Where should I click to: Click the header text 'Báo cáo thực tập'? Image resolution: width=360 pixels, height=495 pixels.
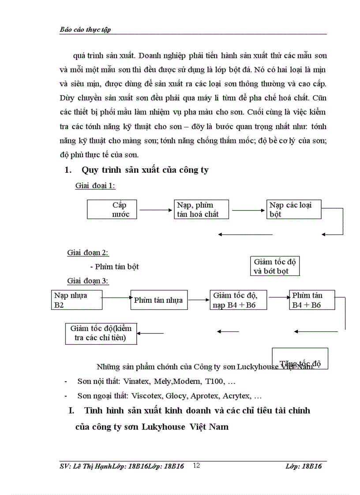pyautogui.click(x=85, y=30)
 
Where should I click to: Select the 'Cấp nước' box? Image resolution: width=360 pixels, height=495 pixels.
pyautogui.click(x=112, y=209)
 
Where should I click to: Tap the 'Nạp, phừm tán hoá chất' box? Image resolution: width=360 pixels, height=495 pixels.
pyautogui.click(x=200, y=209)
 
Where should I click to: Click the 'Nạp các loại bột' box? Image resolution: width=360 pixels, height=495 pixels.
pyautogui.click(x=294, y=209)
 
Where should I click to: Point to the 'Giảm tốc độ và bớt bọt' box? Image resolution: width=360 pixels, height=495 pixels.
pyautogui.click(x=274, y=266)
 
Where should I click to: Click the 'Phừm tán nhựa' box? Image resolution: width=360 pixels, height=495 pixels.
pyautogui.click(x=159, y=300)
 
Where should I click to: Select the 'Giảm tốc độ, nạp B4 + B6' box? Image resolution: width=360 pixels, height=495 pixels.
pyautogui.click(x=238, y=300)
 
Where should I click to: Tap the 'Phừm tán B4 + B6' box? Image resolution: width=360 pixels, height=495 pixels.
pyautogui.click(x=312, y=300)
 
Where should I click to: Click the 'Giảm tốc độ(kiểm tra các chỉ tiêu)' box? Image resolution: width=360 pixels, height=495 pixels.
pyautogui.click(x=101, y=333)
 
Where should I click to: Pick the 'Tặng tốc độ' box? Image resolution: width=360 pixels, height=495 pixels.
pyautogui.click(x=300, y=358)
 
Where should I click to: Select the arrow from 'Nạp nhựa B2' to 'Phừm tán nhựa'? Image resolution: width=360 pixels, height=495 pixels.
pyautogui.click(x=116, y=298)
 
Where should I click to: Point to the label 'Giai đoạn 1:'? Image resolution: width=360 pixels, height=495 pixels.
pyautogui.click(x=95, y=186)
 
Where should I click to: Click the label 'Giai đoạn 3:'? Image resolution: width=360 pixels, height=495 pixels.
pyautogui.click(x=88, y=280)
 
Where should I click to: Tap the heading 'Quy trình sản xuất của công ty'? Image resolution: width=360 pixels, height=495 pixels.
pyautogui.click(x=145, y=170)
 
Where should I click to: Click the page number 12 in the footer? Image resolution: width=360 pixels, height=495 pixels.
pyautogui.click(x=197, y=465)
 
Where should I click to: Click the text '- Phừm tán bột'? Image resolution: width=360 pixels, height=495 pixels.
pyautogui.click(x=114, y=266)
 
